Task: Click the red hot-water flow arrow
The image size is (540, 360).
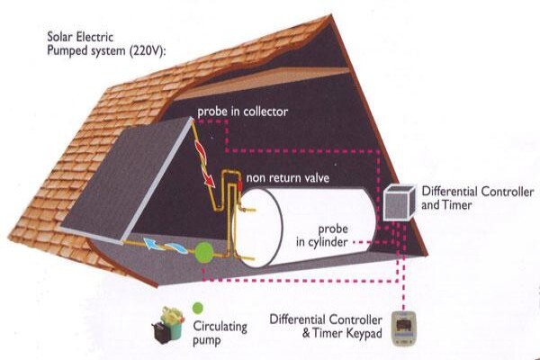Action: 205,165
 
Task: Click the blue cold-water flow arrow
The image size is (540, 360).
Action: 165,247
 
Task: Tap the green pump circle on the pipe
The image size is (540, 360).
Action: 204,253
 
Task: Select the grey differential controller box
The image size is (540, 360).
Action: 400,202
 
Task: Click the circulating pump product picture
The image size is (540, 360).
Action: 168,325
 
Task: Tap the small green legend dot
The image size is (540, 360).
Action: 198,308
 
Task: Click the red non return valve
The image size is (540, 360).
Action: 239,186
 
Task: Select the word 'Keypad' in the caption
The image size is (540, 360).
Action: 364,334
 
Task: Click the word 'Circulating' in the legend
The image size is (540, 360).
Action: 220,326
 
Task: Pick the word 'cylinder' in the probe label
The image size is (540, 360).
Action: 328,242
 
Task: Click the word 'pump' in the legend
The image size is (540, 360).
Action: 206,341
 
